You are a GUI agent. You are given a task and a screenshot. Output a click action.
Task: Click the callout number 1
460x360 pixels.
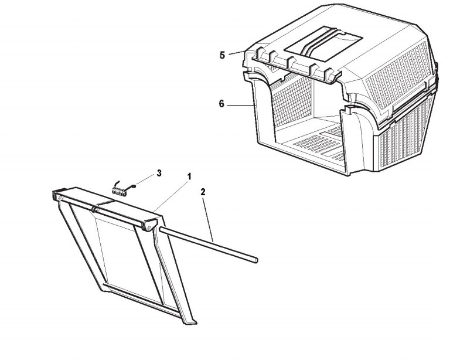click(x=189, y=176)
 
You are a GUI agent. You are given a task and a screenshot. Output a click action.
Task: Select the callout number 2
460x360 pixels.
click(x=202, y=192)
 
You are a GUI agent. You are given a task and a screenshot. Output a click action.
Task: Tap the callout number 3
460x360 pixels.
click(x=158, y=174)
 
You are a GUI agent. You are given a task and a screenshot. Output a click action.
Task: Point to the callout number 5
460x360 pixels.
click(x=222, y=55)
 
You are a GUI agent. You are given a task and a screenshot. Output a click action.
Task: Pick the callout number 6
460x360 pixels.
click(x=221, y=104)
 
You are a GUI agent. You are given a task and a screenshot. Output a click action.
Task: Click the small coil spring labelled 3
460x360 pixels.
click(x=121, y=188)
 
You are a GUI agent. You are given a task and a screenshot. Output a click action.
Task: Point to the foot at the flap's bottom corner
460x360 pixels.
click(x=190, y=320)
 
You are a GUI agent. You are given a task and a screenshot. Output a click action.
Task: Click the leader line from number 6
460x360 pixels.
click(x=238, y=105)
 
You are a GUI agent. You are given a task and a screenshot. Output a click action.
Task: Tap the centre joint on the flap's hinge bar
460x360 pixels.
click(x=94, y=208)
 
